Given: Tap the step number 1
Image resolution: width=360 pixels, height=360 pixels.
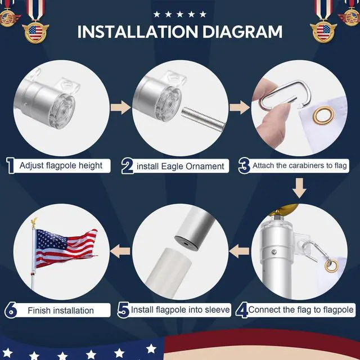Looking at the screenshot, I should click(x=10, y=165).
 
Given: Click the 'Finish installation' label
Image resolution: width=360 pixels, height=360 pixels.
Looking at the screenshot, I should click(x=61, y=310).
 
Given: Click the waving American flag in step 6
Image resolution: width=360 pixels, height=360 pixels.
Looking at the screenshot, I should click(x=65, y=247).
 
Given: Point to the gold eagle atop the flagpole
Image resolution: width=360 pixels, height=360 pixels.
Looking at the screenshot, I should click(x=33, y=223).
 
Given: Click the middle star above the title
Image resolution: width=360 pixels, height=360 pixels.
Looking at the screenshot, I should click(x=179, y=13).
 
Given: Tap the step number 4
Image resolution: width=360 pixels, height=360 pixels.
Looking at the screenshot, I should click(x=242, y=309).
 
